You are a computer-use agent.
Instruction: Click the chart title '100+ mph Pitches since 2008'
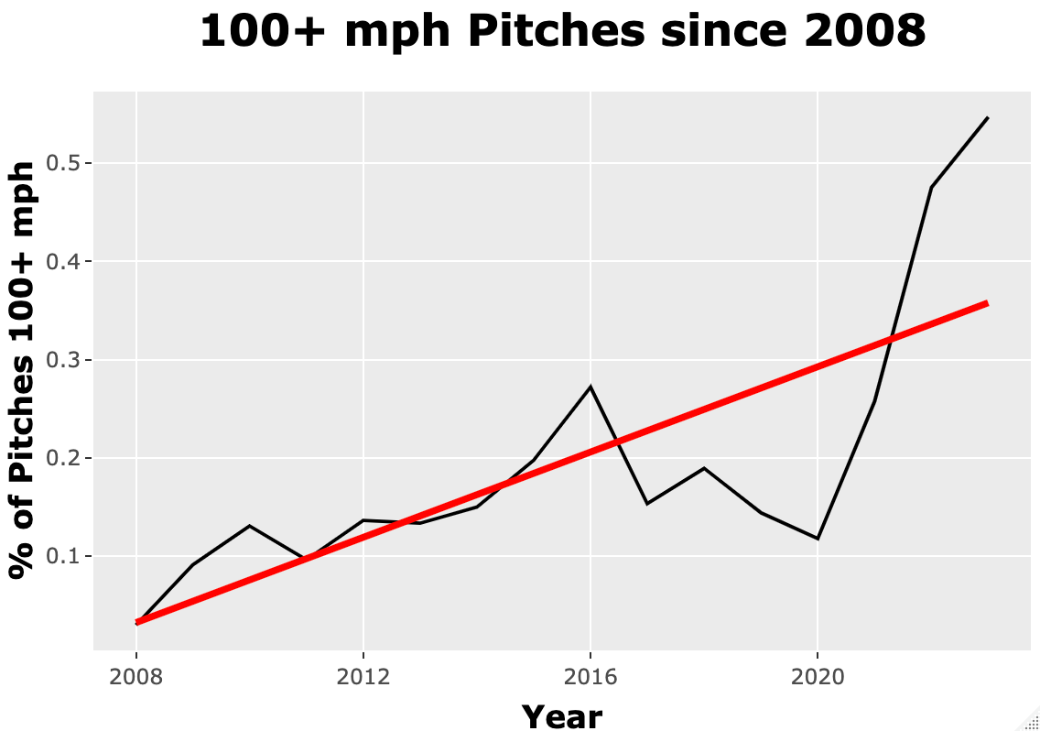point(562,32)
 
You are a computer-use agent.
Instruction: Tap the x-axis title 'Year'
point(562,715)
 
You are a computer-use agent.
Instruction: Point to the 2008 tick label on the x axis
point(136,679)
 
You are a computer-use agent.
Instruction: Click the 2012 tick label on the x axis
point(363,679)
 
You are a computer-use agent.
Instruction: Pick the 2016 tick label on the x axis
point(590,679)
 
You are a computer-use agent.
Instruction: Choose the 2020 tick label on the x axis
point(818,679)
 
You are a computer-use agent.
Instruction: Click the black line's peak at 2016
point(590,387)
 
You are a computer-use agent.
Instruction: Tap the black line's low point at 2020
point(818,539)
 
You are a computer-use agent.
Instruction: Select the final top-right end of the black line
point(988,118)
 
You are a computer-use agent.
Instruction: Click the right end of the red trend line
point(987,302)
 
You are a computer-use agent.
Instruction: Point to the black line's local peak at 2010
point(250,526)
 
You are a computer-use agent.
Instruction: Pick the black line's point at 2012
point(363,520)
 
